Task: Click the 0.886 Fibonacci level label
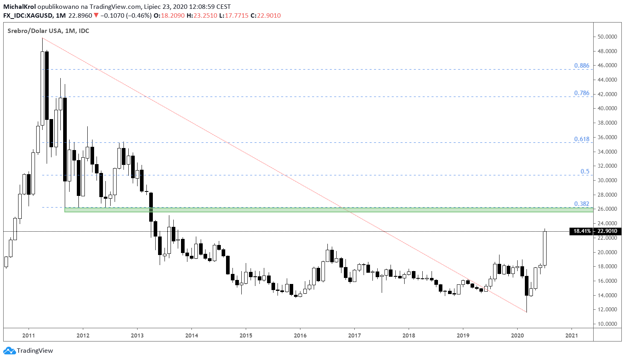(582, 66)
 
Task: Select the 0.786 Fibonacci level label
(582, 93)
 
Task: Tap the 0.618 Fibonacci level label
(582, 139)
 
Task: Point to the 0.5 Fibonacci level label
(585, 171)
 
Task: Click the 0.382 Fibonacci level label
(582, 204)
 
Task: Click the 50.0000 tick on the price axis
(607, 37)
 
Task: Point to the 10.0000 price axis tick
(607, 324)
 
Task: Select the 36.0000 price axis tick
(607, 137)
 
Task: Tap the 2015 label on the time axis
(246, 335)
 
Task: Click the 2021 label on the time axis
(572, 335)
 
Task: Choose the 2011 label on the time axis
(29, 335)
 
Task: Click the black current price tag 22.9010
(607, 231)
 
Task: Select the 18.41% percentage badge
(582, 231)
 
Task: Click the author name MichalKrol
(19, 7)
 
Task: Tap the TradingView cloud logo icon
(9, 351)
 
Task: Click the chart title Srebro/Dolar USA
(34, 31)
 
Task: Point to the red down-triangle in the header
(96, 16)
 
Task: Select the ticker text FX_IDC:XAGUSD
(28, 16)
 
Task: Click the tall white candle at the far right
(545, 248)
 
